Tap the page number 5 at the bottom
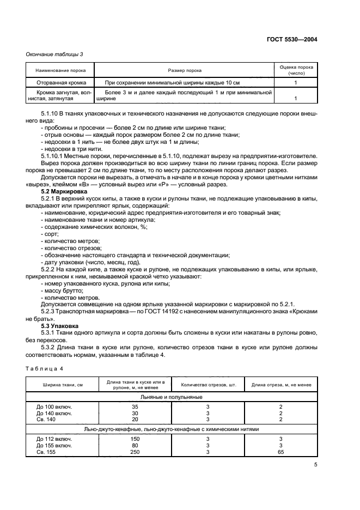click(315, 464)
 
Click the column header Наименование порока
click(60, 71)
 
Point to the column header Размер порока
click(184, 71)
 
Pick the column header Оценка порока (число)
click(295, 69)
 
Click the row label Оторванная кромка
click(60, 82)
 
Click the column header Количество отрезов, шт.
click(208, 385)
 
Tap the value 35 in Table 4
click(135, 406)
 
